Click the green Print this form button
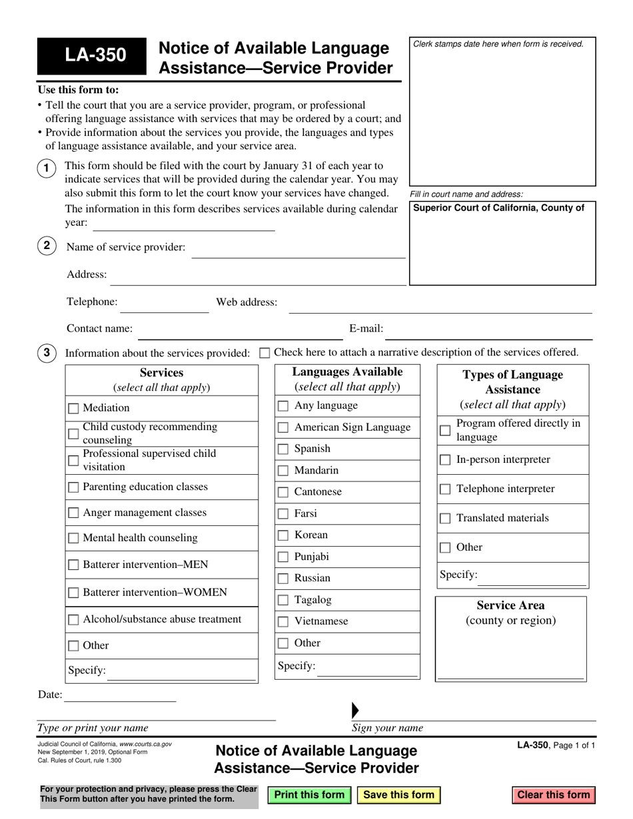[x=309, y=794]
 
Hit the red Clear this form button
[x=553, y=794]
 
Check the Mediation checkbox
[x=73, y=408]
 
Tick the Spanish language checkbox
[x=283, y=449]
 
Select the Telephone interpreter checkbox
[x=445, y=489]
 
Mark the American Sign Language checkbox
[x=283, y=427]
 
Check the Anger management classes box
[x=73, y=513]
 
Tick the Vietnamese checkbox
[x=283, y=622]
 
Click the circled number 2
[x=46, y=246]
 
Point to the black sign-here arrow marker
[x=354, y=710]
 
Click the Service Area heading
[x=510, y=605]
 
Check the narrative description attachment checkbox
[x=264, y=353]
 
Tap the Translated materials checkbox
[x=445, y=519]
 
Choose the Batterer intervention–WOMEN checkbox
[x=73, y=593]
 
